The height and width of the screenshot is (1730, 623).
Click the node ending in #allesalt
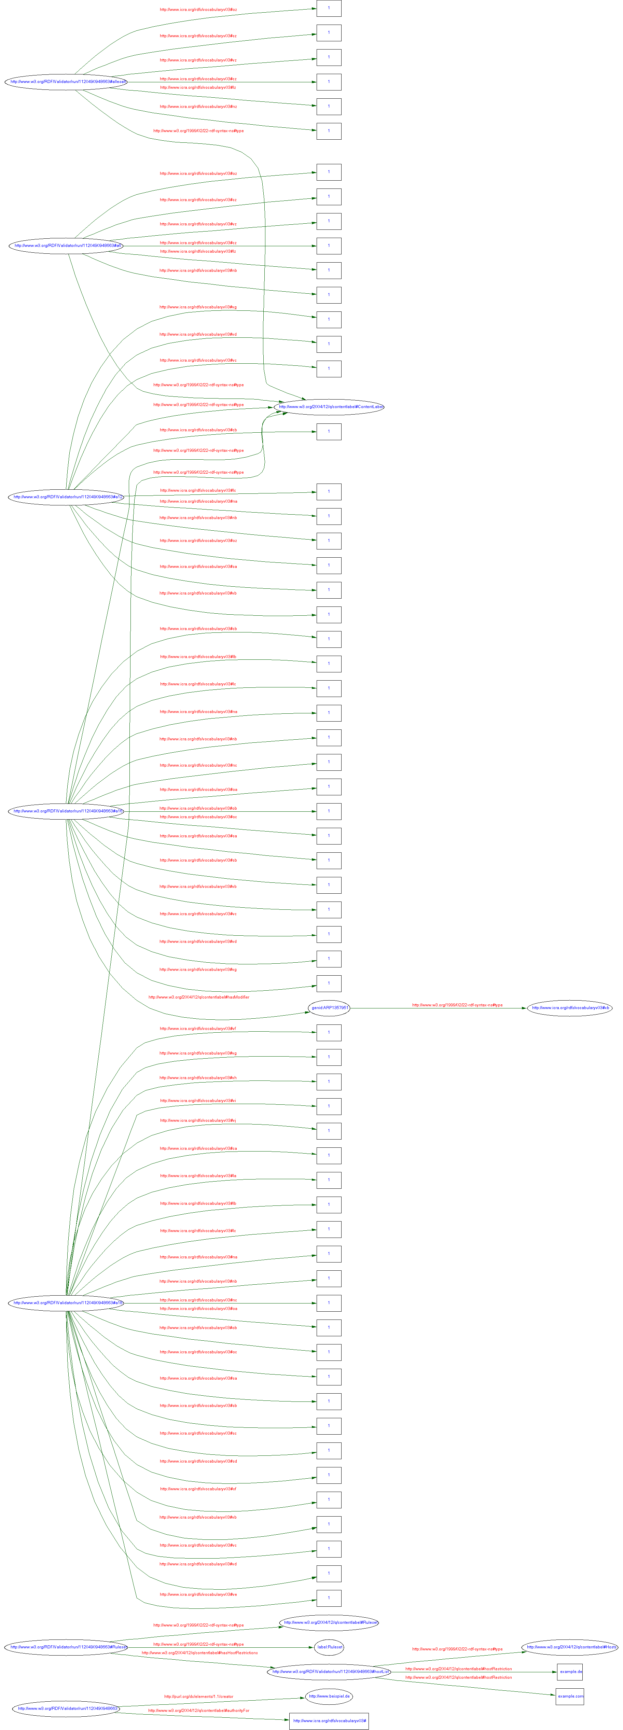click(66, 82)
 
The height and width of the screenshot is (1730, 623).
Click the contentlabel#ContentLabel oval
click(329, 407)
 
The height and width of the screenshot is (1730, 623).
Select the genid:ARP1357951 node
click(329, 1007)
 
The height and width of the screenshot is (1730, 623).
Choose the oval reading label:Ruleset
click(329, 1647)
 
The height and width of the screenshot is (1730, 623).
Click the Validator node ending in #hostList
click(329, 1672)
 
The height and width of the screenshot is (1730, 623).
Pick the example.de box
click(570, 1672)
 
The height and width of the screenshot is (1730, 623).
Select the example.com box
click(570, 1697)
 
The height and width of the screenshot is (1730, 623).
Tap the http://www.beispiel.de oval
click(329, 1697)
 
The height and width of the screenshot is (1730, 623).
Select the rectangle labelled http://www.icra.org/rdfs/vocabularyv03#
click(329, 1720)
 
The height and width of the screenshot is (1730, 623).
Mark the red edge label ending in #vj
click(198, 1120)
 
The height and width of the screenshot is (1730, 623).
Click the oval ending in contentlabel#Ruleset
click(329, 1622)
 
